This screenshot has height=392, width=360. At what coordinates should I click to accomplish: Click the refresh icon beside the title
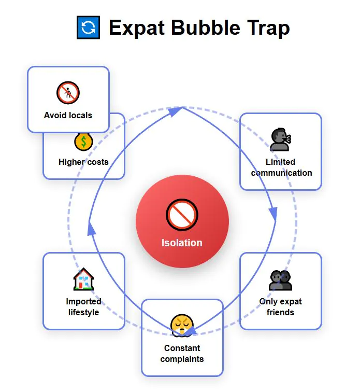(x=88, y=27)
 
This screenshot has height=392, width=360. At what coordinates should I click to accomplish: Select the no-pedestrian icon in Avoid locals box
(x=68, y=93)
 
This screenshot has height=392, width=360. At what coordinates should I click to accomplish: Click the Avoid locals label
(x=68, y=115)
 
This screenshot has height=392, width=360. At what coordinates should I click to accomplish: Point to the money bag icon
(x=83, y=142)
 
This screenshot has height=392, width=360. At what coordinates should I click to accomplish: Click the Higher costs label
(x=83, y=162)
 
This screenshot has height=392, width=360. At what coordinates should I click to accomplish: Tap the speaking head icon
(x=281, y=139)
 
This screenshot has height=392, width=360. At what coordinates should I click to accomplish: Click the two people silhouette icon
(x=281, y=280)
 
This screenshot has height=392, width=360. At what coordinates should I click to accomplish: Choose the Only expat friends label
(x=280, y=306)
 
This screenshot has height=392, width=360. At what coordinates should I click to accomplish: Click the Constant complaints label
(x=182, y=353)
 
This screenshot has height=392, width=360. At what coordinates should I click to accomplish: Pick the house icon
(x=83, y=280)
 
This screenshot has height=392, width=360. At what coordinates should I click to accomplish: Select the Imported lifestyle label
(x=83, y=306)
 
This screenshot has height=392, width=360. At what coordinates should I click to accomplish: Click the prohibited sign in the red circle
(x=182, y=214)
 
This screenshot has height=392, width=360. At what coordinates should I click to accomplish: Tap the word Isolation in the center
(x=182, y=243)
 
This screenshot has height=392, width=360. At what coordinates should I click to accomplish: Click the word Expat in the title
(x=137, y=28)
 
